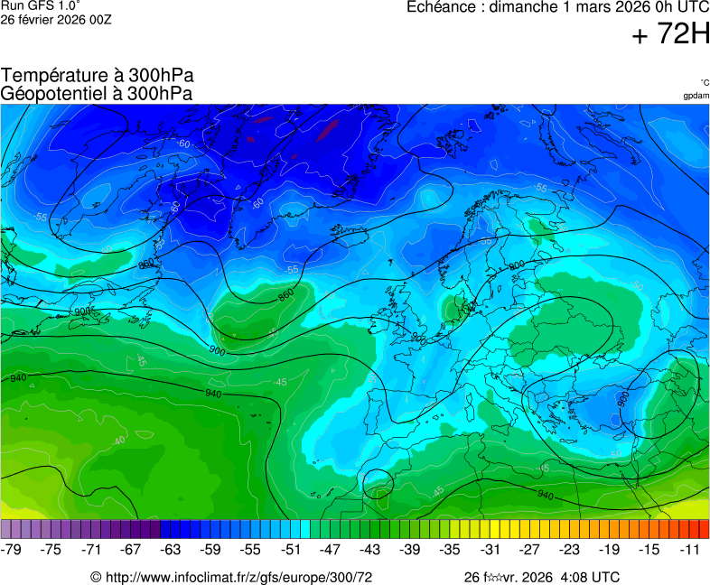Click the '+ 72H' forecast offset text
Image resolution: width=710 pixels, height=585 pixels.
(x=670, y=34)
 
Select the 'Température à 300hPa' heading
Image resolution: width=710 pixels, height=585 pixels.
(x=97, y=76)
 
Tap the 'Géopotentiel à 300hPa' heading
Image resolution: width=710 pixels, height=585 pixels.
(x=97, y=93)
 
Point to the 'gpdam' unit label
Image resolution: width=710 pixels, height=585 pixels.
(x=696, y=96)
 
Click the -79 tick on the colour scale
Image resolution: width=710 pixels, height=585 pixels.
(x=12, y=549)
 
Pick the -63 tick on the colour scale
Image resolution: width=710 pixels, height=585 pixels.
(x=171, y=549)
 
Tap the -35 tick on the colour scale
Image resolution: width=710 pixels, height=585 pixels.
(x=450, y=549)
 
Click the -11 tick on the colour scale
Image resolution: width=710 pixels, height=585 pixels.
(x=690, y=549)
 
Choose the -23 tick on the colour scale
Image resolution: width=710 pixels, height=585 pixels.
(x=570, y=549)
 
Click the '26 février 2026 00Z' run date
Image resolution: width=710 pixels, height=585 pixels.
(x=56, y=19)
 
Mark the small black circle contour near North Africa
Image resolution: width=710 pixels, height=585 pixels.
(x=378, y=484)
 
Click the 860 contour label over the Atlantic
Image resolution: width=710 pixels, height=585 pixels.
(x=285, y=295)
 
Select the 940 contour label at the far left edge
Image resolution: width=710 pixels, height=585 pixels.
(x=18, y=377)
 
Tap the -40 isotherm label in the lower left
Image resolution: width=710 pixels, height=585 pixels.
(x=118, y=441)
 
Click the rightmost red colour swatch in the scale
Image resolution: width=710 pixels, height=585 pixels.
(x=704, y=529)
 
